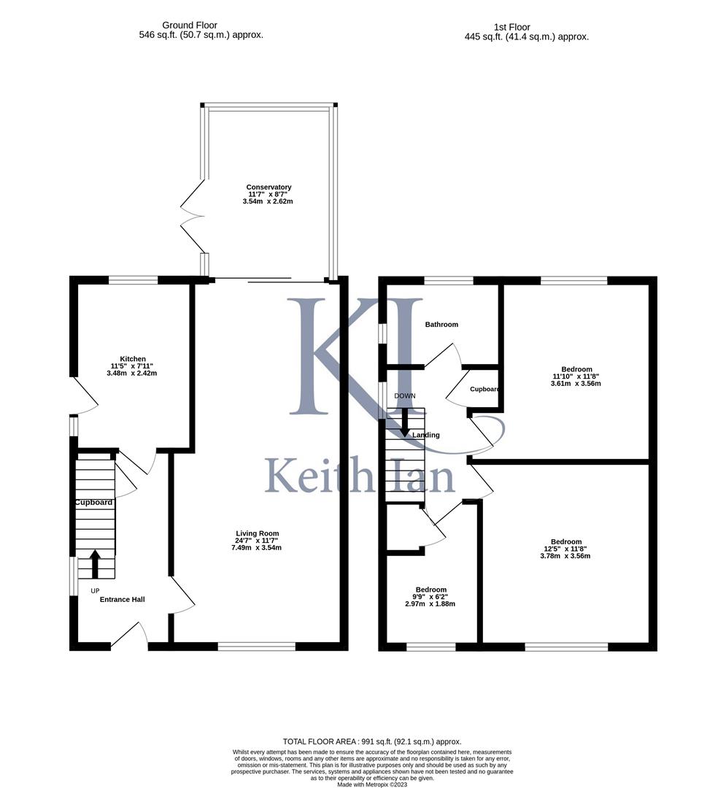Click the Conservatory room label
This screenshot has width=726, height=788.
click(269, 188)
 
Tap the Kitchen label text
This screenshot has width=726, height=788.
click(133, 359)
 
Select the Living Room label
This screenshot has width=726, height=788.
click(257, 533)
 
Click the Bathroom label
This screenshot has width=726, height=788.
click(441, 325)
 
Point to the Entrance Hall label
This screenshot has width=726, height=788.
click(122, 600)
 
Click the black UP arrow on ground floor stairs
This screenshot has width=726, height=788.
click(94, 564)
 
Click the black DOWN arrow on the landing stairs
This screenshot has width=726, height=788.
click(404, 422)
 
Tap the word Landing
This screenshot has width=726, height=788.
click(426, 436)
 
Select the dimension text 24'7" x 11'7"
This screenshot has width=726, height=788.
click(257, 541)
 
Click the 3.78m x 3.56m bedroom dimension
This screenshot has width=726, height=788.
click(560, 556)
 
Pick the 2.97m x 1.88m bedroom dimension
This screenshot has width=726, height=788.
click(430, 604)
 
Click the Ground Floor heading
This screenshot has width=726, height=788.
click(190, 26)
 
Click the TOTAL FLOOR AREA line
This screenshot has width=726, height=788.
click(372, 741)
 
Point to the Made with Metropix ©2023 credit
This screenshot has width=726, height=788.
click(372, 784)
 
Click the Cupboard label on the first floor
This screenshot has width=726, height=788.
click(484, 390)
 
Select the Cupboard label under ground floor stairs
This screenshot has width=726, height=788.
click(93, 503)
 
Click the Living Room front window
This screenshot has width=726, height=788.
click(256, 646)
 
